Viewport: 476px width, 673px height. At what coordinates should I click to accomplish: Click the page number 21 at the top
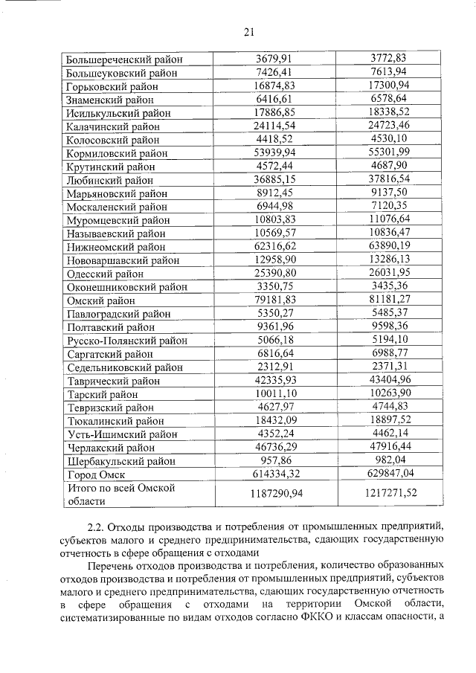tap(248, 31)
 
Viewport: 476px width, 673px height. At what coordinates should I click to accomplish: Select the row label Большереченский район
tap(124, 59)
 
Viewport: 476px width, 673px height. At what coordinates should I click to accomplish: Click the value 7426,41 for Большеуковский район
tap(274, 72)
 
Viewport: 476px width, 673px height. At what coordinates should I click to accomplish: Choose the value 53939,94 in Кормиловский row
tap(274, 153)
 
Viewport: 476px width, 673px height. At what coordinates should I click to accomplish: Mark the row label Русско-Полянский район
tap(127, 341)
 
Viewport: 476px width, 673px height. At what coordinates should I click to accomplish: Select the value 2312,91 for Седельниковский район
tap(274, 367)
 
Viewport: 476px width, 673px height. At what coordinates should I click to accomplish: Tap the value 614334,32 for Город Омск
tap(274, 474)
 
